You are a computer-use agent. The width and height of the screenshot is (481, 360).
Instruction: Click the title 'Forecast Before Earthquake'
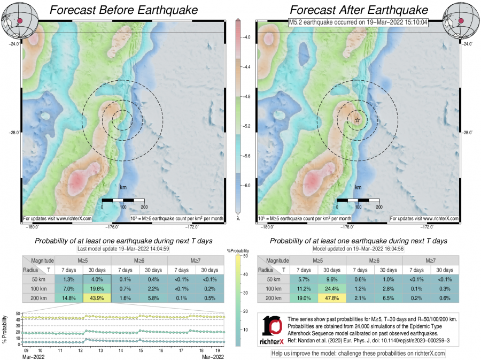point(123,10)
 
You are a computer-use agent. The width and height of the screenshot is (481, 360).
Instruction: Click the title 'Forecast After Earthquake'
point(359,10)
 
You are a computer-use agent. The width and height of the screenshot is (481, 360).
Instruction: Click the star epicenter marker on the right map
point(357,120)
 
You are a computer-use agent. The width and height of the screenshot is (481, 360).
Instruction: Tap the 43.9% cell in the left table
point(97,297)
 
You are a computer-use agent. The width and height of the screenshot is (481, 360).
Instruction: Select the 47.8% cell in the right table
point(332,297)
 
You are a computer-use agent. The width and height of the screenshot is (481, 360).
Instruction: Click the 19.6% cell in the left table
point(97,288)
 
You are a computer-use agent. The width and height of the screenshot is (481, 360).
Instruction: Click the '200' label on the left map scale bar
point(143,206)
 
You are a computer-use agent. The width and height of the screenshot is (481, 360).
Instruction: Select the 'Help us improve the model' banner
point(358,354)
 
